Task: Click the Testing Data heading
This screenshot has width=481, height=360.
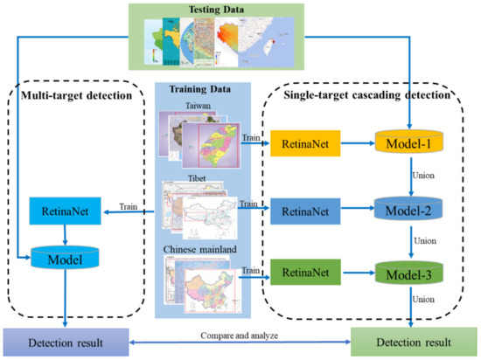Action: (240, 11)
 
